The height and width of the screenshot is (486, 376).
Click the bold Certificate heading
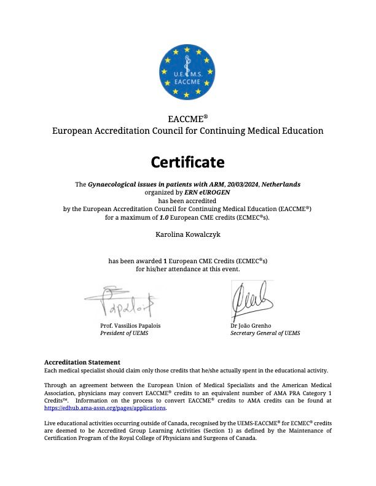coord(187,162)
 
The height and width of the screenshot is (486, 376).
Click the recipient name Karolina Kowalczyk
coord(187,234)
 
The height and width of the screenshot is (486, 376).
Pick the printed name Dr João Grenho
coord(251,325)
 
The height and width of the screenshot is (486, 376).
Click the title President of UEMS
coord(124,333)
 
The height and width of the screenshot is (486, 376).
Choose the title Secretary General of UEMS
coord(265,333)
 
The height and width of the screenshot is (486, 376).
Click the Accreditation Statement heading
coord(82,362)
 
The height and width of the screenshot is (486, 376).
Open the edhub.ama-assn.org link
coord(106,407)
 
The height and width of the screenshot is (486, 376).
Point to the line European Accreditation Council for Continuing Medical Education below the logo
coord(187,131)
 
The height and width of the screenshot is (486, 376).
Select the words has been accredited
coord(187,201)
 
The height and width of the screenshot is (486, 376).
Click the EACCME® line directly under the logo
coord(187,118)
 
